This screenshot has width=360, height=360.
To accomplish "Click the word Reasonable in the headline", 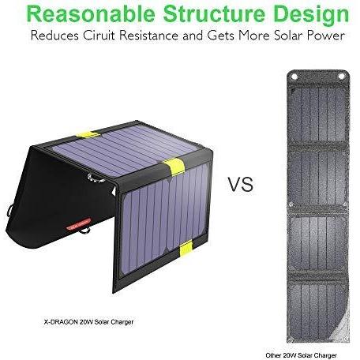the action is click(91, 13).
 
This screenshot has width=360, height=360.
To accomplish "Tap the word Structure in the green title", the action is click(214, 13).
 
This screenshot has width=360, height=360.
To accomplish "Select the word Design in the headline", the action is click(311, 15).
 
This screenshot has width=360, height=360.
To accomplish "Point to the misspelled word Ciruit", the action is click(99, 36).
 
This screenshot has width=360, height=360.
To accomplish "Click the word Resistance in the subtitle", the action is click(148, 36).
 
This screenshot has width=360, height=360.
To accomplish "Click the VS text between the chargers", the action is click(241, 184).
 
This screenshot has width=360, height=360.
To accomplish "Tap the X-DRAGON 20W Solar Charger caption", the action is click(88, 322).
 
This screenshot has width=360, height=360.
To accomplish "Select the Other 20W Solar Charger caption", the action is click(301, 355).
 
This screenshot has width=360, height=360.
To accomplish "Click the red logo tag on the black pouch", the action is click(78, 224).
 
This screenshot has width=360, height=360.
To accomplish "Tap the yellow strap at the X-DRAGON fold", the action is click(174, 167).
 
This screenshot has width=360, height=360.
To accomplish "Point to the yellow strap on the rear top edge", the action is click(88, 134).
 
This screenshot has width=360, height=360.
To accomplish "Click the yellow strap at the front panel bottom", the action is click(186, 249).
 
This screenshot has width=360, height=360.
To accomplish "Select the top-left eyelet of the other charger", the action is click(294, 77).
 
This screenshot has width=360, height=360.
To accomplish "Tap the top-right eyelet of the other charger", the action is click(342, 77).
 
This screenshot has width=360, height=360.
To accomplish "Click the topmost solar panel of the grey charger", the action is click(318, 114).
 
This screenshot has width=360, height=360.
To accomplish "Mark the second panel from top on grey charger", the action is click(318, 178).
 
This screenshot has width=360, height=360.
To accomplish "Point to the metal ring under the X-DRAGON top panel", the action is click(96, 178).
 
